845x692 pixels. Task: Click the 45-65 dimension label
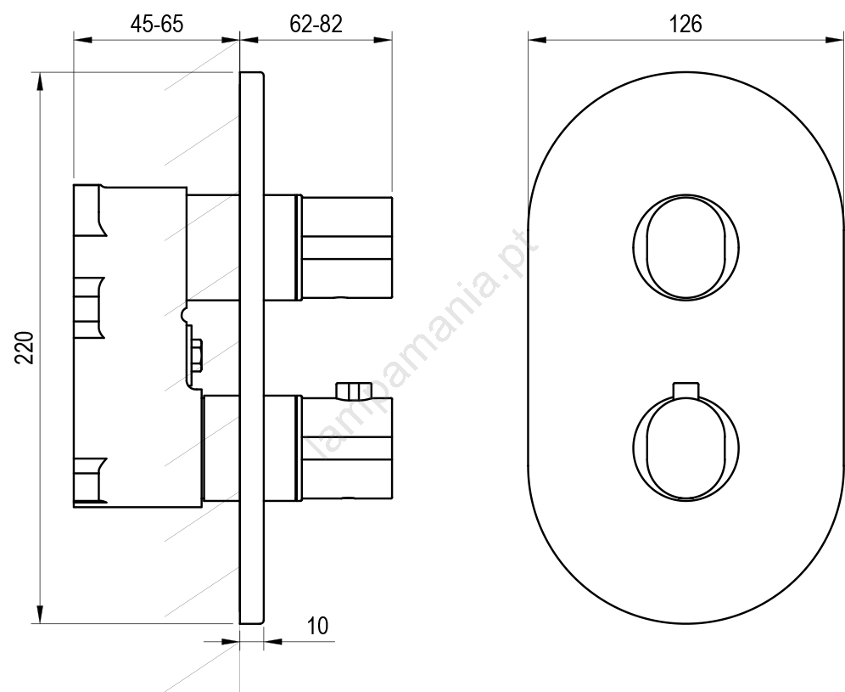pos(157,25)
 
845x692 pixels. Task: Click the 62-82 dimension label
pos(316,25)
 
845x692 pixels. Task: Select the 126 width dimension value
pos(686,25)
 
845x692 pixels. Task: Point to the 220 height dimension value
pos(25,348)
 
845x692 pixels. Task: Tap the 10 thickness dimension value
pos(317,626)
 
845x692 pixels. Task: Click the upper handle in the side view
pos(346,248)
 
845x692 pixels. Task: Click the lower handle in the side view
pos(346,447)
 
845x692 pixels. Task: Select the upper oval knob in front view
pos(686,248)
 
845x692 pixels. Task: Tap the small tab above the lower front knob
pos(686,391)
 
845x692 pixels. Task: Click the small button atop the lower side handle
pos(350,391)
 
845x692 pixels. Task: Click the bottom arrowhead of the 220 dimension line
pos(39,614)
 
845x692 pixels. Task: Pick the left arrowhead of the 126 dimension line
pos(537,39)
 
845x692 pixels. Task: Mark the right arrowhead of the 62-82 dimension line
pos(383,39)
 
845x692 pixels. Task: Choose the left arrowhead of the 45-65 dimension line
pos(83,39)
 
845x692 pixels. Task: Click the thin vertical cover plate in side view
pos(252,348)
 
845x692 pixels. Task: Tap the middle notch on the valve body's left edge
pos(89,308)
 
